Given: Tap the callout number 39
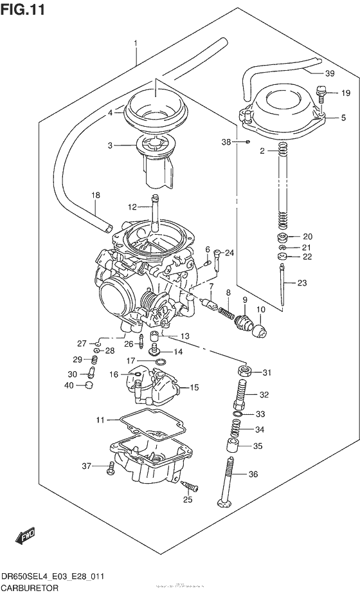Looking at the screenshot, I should (x=328, y=73).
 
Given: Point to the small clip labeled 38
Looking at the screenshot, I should (x=248, y=141).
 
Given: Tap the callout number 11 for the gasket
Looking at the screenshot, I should (x=100, y=420).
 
